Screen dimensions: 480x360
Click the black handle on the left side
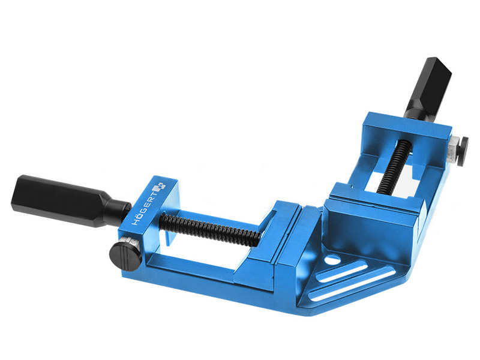pyautogui.click(x=70, y=200)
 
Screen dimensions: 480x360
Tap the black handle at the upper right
pyautogui.click(x=428, y=88)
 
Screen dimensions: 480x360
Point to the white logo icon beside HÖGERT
pyautogui.click(x=160, y=187)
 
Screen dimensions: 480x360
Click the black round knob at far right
pyautogui.click(x=462, y=152)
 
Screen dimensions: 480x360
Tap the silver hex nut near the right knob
pyautogui.click(x=452, y=151)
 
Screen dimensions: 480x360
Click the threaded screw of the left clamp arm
pyautogui.click(x=211, y=227)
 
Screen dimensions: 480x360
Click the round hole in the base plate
pyautogui.click(x=333, y=260)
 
